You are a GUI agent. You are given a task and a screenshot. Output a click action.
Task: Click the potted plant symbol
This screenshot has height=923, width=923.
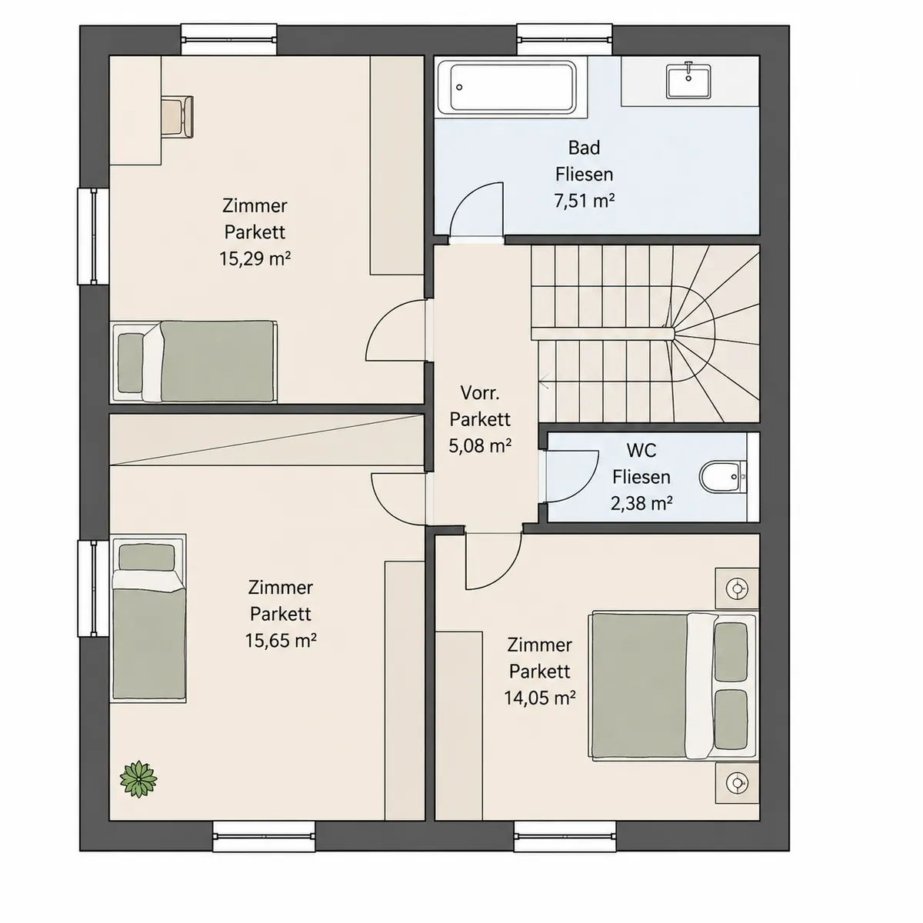(138, 778)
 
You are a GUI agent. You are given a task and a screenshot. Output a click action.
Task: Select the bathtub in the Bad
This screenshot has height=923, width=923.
(512, 87)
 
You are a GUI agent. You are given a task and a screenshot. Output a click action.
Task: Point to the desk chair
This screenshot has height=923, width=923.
(177, 116)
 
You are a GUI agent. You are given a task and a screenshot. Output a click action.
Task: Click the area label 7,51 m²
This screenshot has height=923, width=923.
(584, 201)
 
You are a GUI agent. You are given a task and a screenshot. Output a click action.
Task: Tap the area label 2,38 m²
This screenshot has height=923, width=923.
(641, 503)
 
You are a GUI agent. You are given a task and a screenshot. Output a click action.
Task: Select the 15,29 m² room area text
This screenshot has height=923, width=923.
(255, 258)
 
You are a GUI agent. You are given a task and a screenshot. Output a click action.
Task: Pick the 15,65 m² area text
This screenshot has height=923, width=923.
(281, 641)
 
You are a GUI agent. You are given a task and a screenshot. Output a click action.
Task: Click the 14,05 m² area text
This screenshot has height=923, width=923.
(539, 698)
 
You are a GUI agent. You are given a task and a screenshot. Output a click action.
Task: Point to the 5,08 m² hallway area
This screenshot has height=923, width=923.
(480, 446)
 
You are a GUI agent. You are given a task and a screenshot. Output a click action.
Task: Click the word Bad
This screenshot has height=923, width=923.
(584, 148)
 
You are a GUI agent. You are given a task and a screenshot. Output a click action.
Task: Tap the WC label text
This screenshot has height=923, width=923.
(641, 450)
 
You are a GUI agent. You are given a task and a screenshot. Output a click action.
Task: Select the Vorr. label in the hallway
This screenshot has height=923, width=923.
(480, 393)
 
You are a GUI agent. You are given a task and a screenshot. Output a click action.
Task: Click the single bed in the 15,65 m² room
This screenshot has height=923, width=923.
(148, 619)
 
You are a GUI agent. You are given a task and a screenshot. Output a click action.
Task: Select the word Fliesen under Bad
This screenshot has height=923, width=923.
(584, 175)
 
